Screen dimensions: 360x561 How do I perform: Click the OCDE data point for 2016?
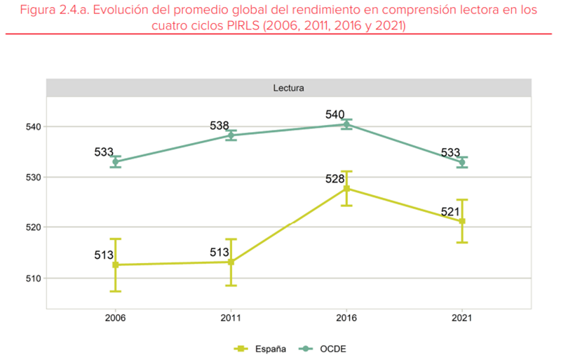click(346, 124)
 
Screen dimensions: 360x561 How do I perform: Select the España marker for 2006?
click(116, 265)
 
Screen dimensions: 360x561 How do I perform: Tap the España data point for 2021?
click(462, 222)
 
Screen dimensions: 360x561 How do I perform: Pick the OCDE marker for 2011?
click(231, 135)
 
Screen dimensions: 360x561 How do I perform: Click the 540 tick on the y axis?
click(30, 127)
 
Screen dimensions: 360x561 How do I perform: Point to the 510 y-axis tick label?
click(30, 278)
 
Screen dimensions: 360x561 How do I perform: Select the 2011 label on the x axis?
click(231, 318)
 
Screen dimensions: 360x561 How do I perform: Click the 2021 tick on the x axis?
click(462, 318)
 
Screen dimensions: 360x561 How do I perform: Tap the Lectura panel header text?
click(288, 88)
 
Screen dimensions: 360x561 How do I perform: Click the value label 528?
click(335, 179)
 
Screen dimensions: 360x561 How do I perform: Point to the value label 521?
click(450, 212)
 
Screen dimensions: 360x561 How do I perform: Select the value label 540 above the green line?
click(335, 114)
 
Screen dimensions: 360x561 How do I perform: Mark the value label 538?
click(219, 126)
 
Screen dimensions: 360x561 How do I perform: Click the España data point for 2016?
click(346, 188)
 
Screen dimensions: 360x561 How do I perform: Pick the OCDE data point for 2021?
click(462, 162)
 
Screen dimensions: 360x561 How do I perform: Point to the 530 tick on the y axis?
click(30, 178)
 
